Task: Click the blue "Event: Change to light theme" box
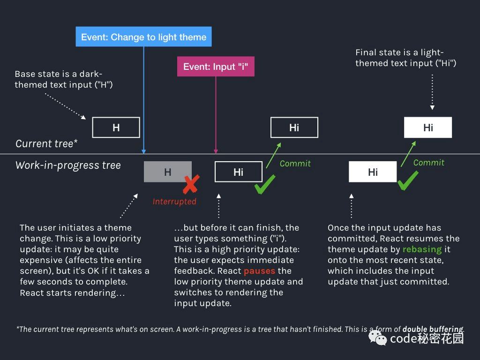pyautogui.click(x=143, y=37)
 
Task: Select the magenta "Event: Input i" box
pyautogui.click(x=216, y=67)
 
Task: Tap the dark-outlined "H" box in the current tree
pyautogui.click(x=116, y=127)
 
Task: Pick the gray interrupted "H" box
pyautogui.click(x=168, y=172)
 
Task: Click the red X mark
pyautogui.click(x=191, y=184)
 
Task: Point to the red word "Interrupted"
pyautogui.click(x=174, y=202)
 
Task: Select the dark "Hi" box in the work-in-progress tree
pyautogui.click(x=239, y=172)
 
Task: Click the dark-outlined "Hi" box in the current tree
pyautogui.click(x=294, y=127)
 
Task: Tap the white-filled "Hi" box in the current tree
pyautogui.click(x=428, y=127)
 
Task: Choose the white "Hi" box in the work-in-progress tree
pyautogui.click(x=373, y=172)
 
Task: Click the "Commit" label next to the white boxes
pyautogui.click(x=428, y=163)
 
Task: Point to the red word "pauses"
pyautogui.click(x=259, y=271)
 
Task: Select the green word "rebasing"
pyautogui.click(x=422, y=249)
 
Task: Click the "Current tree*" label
pyautogui.click(x=46, y=143)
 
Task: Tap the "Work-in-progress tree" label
pyautogui.click(x=68, y=165)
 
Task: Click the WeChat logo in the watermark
pyautogui.click(x=378, y=338)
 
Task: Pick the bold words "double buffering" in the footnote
pyautogui.click(x=433, y=329)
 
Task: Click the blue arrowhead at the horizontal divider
pyautogui.click(x=143, y=151)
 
